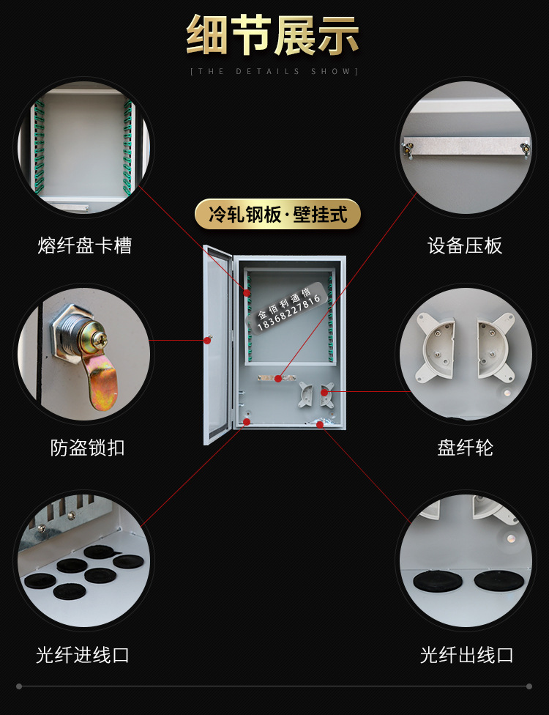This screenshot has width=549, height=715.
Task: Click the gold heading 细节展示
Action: pyautogui.click(x=272, y=35)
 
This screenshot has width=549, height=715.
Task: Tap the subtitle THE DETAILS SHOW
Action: pyautogui.click(x=274, y=72)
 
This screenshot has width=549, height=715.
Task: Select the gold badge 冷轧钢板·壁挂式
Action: pyautogui.click(x=277, y=214)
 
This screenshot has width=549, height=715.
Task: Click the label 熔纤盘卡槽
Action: pyautogui.click(x=85, y=245)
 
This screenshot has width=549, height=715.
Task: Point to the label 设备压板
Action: pyautogui.click(x=465, y=245)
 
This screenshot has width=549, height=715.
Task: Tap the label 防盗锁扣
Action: pyautogui.click(x=87, y=448)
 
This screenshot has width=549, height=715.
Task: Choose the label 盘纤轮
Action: pyautogui.click(x=465, y=448)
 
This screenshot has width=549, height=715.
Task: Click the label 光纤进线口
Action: pyautogui.click(x=83, y=655)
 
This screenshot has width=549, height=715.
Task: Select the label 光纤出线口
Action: pyautogui.click(x=466, y=655)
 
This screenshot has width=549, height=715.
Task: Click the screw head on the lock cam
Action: pyautogui.click(x=101, y=338)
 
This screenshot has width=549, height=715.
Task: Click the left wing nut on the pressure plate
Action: pyautogui.click(x=407, y=149)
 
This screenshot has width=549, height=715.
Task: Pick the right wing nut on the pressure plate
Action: pyautogui.click(x=525, y=149)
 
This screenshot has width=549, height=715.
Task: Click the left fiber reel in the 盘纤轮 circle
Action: pyautogui.click(x=435, y=347)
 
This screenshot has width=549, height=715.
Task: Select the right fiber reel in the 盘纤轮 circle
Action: pyautogui.click(x=495, y=347)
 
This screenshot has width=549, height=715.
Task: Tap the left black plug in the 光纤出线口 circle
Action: pyautogui.click(x=438, y=582)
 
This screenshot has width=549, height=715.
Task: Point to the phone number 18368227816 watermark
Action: pyautogui.click(x=289, y=313)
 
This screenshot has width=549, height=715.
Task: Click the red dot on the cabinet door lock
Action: pyautogui.click(x=207, y=340)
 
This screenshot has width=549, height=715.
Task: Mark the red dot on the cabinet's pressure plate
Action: pyautogui.click(x=278, y=379)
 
